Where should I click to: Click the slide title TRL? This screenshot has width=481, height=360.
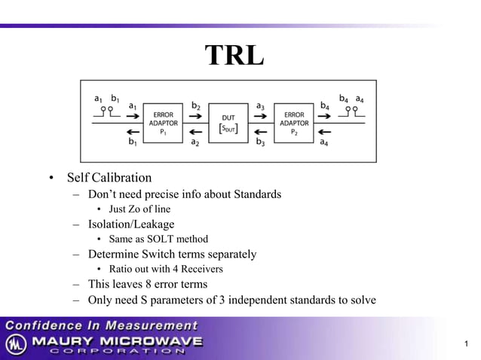pyautogui.click(x=234, y=55)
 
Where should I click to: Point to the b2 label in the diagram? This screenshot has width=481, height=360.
pyautogui.click(x=195, y=106)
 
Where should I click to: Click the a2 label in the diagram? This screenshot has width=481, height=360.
pyautogui.click(x=195, y=141)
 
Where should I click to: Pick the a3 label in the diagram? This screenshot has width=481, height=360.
pyautogui.click(x=260, y=106)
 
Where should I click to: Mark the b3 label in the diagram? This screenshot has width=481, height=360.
pyautogui.click(x=260, y=141)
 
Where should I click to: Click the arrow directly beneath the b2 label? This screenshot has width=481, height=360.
pyautogui.click(x=195, y=117)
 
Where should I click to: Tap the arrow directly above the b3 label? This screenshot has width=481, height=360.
pyautogui.click(x=260, y=130)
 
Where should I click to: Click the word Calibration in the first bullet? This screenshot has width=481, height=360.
pyautogui.click(x=122, y=178)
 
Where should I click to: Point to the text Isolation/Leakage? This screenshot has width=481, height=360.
pyautogui.click(x=131, y=224)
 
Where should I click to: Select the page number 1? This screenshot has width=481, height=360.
pyautogui.click(x=467, y=345)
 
